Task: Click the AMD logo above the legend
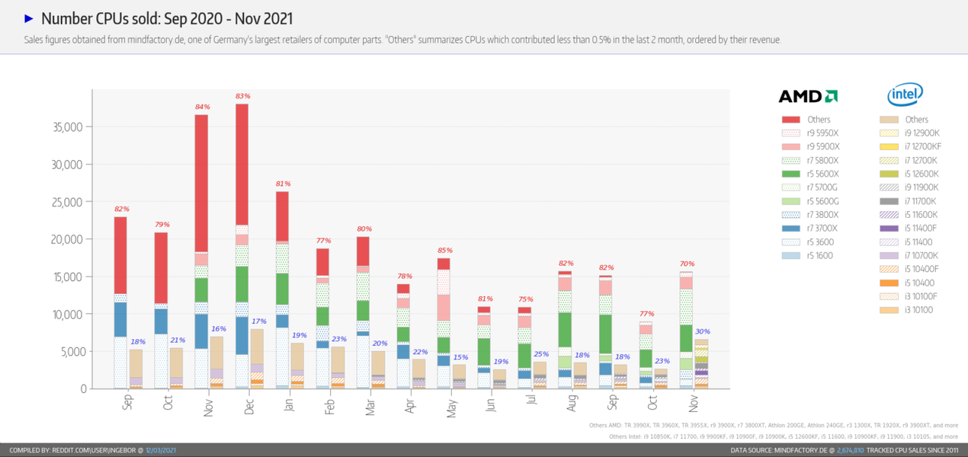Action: [808, 96]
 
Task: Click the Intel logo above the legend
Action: [905, 95]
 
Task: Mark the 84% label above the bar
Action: [202, 107]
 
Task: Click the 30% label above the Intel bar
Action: [702, 331]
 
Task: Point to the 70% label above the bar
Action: [687, 264]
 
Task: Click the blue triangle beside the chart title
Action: [29, 18]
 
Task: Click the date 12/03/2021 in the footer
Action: [162, 450]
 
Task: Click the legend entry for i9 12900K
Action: [922, 133]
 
